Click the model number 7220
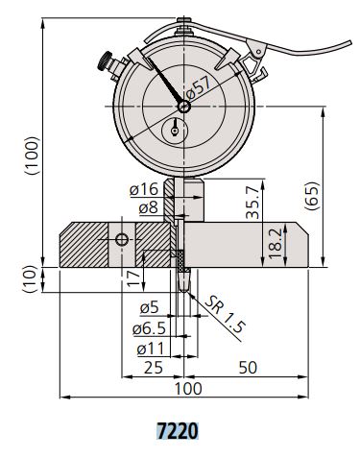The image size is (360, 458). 178,431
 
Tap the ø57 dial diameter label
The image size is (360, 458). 199,87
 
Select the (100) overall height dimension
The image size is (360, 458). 33,156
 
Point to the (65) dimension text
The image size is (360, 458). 312,196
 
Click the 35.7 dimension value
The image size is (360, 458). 253,203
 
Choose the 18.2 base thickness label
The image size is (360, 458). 276,244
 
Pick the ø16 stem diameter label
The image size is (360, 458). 144,189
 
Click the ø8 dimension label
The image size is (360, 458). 149,208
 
